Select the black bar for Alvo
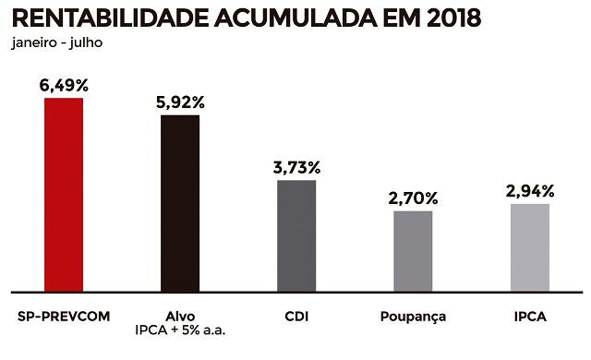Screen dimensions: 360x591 pos(180,201)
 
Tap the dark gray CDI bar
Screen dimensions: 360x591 pos(296,234)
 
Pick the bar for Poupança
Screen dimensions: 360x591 pos(413,249)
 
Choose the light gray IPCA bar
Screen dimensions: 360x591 pos(530,246)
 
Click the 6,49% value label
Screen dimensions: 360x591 pos(64,85)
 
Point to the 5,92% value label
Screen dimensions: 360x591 pos(180,102)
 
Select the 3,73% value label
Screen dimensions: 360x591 pos(296,167)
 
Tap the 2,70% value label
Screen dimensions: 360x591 pos(413,198)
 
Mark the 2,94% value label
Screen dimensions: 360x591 pos(530,191)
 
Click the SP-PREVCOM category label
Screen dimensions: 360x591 pos(65,316)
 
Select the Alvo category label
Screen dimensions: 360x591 pos(180,316)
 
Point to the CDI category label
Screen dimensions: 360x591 pos(296,316)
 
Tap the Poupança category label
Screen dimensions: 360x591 pos(413,317)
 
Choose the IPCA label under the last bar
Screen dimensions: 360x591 pos(530,316)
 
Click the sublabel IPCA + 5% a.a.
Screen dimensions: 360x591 pos(180,330)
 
